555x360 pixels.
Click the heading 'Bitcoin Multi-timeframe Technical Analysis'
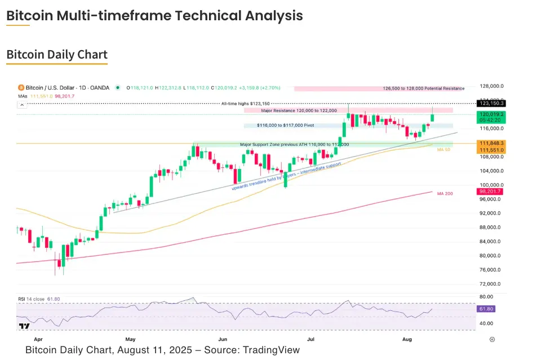pyautogui.click(x=154, y=16)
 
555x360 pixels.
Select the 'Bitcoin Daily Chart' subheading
pyautogui.click(x=56, y=55)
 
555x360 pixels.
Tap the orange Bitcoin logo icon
pyautogui.click(x=21, y=88)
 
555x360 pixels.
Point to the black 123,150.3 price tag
pyautogui.click(x=490, y=103)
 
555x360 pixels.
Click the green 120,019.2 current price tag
pyautogui.click(x=490, y=114)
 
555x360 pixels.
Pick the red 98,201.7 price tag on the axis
pyautogui.click(x=490, y=192)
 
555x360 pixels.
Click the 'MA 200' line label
pyautogui.click(x=445, y=193)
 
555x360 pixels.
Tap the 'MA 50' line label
pyautogui.click(x=443, y=149)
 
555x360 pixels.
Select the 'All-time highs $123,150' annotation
pyautogui.click(x=246, y=104)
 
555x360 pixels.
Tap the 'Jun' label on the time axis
pyautogui.click(x=223, y=340)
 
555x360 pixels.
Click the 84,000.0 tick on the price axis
pyautogui.click(x=490, y=242)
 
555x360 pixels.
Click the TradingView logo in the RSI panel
pyautogui.click(x=24, y=326)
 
